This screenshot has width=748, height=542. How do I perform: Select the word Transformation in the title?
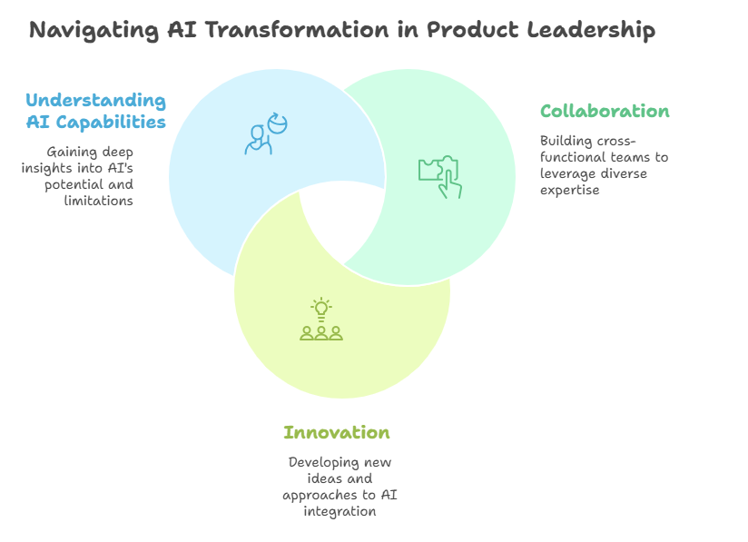pos(297,30)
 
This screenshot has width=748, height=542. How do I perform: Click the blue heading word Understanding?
pos(96,101)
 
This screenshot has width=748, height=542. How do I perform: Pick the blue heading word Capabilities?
pos(111,123)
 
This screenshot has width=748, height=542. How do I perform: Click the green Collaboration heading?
pos(605,111)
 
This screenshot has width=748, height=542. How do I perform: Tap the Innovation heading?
pos(337,432)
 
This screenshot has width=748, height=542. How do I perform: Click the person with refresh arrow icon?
pos(266,133)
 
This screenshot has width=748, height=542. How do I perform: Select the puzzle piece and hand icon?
pos(440,176)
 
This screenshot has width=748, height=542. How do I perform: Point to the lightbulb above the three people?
pos(321,309)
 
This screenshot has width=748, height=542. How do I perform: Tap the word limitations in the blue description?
pos(99,201)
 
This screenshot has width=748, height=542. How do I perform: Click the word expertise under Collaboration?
pos(569,191)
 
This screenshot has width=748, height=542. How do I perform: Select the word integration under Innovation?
pos(340,511)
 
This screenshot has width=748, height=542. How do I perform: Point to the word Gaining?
pos(66,153)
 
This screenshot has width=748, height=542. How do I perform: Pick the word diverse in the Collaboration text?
pos(624,173)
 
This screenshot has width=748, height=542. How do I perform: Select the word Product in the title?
pos(472,30)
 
